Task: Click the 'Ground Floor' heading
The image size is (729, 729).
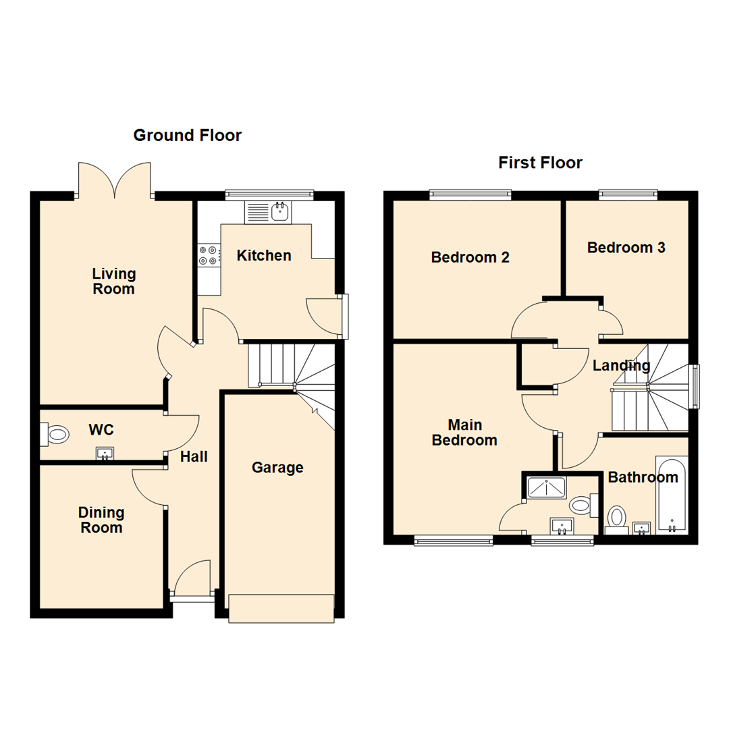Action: [187, 135]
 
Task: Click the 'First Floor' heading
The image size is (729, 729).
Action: [540, 163]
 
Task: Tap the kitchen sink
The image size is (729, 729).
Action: [269, 213]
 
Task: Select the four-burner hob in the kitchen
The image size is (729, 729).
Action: [209, 255]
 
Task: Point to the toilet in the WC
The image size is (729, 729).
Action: [57, 434]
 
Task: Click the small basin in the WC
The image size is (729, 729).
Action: [104, 453]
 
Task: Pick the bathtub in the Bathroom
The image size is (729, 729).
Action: [671, 497]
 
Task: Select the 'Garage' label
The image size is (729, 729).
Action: [277, 467]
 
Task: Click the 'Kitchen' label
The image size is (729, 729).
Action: [264, 256]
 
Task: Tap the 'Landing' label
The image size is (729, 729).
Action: [621, 366]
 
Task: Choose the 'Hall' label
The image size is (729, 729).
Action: [194, 457]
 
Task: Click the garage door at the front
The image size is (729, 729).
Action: [281, 607]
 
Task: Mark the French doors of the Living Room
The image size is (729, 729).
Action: [115, 181]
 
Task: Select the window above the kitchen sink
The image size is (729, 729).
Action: [269, 195]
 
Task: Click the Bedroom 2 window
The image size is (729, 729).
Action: [470, 195]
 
